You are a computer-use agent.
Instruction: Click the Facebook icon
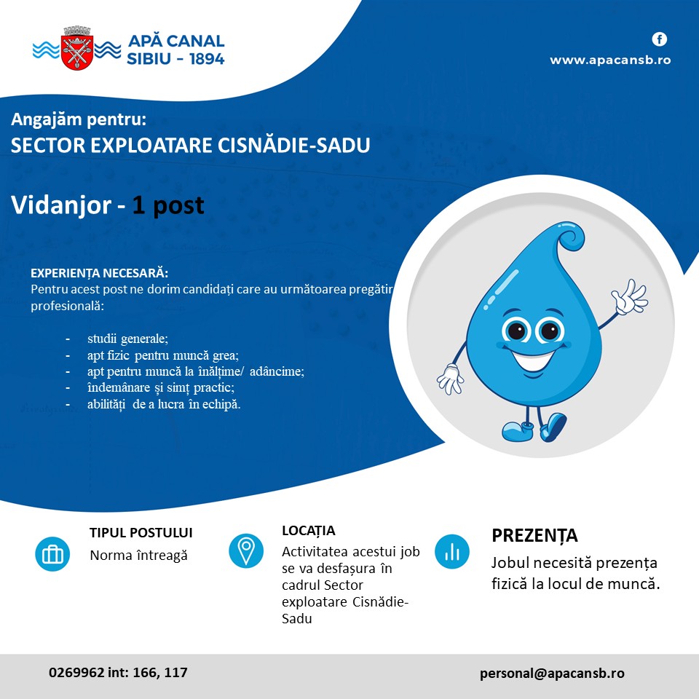coord(660,39)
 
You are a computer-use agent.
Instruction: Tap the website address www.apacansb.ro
coord(610,60)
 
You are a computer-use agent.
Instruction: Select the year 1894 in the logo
coord(207,59)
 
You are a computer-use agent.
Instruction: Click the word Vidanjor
coord(61,205)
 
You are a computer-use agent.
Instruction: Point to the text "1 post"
coord(168,205)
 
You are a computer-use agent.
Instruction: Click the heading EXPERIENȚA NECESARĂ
coord(100,273)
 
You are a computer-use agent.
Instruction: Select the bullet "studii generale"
coord(128,339)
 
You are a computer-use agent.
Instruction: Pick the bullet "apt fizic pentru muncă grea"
coord(163,355)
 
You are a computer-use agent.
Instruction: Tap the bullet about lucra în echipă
coord(164,404)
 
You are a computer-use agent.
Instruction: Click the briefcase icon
coord(52,554)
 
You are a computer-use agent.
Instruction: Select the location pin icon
coord(246,551)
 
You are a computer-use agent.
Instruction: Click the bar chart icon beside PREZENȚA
coord(452,552)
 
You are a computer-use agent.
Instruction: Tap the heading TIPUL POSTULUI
coord(141,533)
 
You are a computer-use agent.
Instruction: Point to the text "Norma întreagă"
coord(138,556)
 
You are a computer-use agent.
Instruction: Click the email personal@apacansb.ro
coord(552,673)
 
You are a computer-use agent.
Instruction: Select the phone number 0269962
coord(76,672)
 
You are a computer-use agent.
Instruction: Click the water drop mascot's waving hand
coord(629,296)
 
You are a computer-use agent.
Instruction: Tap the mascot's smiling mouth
coord(534,360)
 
